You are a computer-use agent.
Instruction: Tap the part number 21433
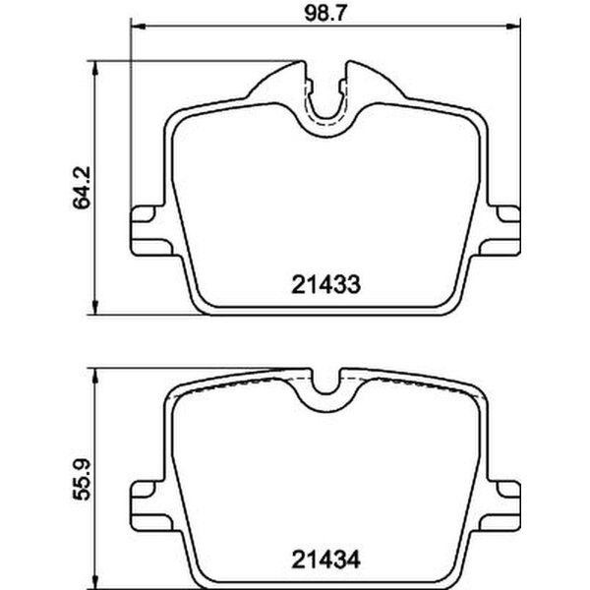(326, 285)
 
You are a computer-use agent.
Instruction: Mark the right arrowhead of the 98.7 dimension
(518, 26)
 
